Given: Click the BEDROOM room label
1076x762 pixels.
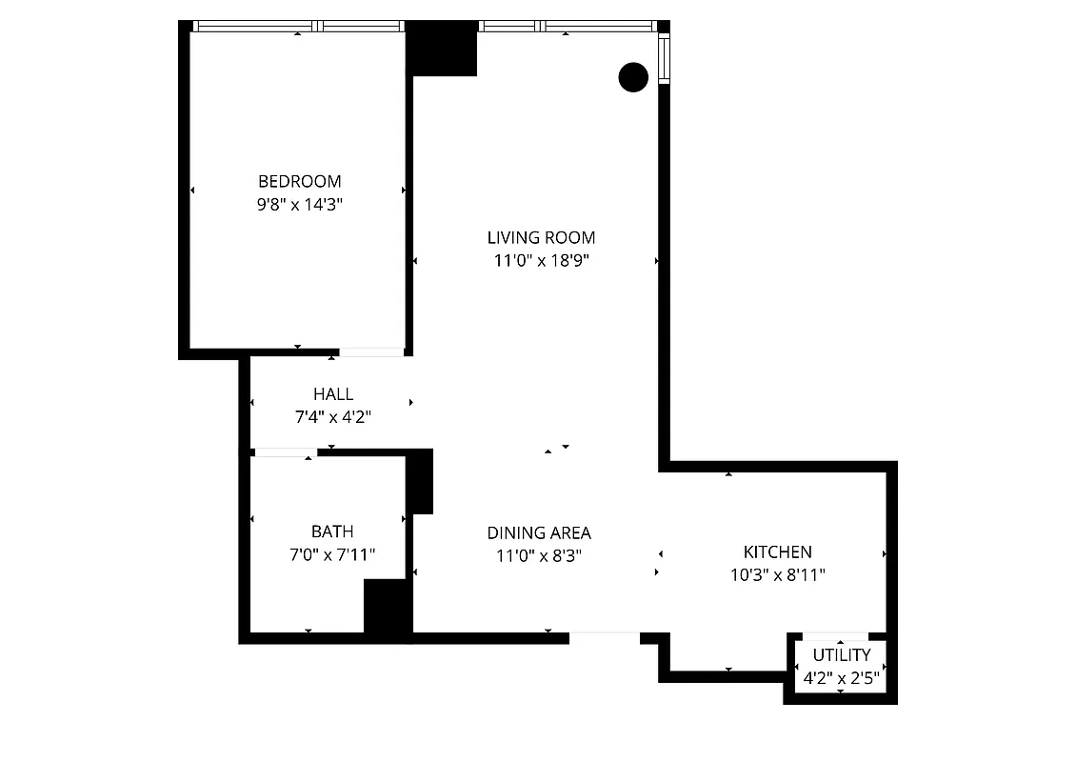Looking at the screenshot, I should (x=299, y=181).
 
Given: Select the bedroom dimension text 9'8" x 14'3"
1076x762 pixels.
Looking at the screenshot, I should (x=299, y=204).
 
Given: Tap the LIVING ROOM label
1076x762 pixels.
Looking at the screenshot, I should (x=541, y=238).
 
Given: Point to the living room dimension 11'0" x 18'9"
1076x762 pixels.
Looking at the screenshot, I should (x=541, y=261).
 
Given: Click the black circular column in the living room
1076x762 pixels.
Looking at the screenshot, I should (x=633, y=77).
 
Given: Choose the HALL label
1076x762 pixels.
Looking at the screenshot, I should (x=333, y=394).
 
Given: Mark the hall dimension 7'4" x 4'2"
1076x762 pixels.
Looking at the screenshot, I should (x=333, y=417).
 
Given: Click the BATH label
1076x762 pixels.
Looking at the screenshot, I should (x=332, y=531).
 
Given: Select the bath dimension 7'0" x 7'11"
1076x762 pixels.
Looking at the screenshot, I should (x=332, y=554).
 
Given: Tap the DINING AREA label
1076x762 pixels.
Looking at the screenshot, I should (x=539, y=533).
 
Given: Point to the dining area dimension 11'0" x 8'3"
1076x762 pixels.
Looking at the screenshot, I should (x=539, y=556).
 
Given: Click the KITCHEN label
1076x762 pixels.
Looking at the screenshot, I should (x=777, y=552).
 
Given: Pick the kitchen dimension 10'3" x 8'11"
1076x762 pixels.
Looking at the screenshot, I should (x=777, y=575).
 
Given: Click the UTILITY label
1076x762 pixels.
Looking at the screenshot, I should (x=841, y=655).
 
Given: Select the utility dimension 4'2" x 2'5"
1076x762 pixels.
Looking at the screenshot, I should (x=841, y=680).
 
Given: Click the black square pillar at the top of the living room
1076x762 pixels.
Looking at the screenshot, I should (x=442, y=49).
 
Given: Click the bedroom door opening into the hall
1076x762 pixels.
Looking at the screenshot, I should (x=371, y=352).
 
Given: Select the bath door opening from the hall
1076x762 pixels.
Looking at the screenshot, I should (x=284, y=452).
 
